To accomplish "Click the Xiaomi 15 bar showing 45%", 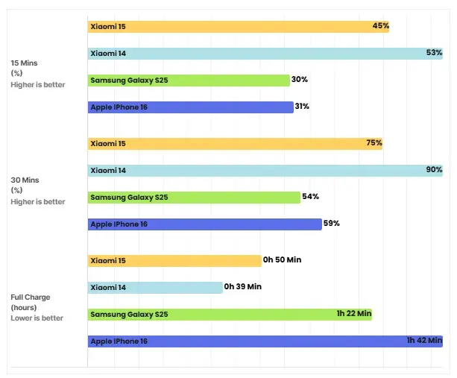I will [x=238, y=27].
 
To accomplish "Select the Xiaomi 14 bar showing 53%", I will [x=265, y=54].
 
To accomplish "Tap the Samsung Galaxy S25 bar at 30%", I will [x=188, y=81].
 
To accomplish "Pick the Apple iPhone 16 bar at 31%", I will [x=190, y=107].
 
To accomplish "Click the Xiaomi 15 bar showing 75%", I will [x=235, y=143].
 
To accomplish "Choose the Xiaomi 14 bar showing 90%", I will [x=265, y=171].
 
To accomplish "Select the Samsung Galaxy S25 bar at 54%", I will [x=193, y=198].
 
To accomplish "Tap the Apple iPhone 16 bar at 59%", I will [x=204, y=224].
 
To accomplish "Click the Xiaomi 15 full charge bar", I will [x=174, y=260].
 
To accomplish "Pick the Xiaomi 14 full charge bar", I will [x=155, y=287].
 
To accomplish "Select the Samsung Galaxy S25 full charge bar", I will [x=230, y=315].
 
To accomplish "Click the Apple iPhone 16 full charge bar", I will [x=265, y=341].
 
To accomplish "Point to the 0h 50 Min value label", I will [x=282, y=260].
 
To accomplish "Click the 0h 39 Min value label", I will [x=243, y=287].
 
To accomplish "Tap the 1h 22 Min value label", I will [x=353, y=315].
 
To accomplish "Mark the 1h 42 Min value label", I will [x=424, y=341].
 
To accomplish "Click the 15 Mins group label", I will [x=25, y=63].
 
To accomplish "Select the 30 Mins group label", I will [x=25, y=180].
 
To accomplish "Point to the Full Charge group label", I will [x=31, y=297].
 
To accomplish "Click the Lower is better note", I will [x=37, y=318].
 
